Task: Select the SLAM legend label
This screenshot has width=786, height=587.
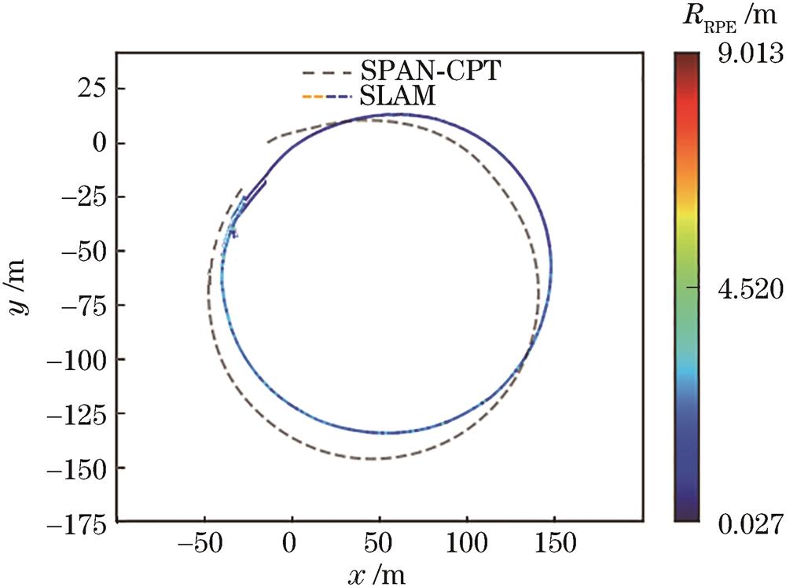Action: tap(395, 98)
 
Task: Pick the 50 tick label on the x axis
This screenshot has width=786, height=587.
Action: tap(380, 542)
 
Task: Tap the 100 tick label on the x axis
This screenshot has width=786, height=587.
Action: tap(467, 542)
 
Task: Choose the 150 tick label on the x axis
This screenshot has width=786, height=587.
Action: tap(554, 542)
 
